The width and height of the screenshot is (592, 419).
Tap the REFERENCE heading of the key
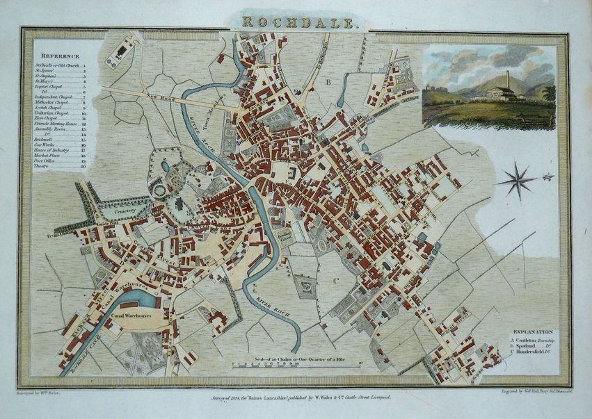60,56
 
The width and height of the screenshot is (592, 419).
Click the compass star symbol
518,179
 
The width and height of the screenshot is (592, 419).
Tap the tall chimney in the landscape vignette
508,81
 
